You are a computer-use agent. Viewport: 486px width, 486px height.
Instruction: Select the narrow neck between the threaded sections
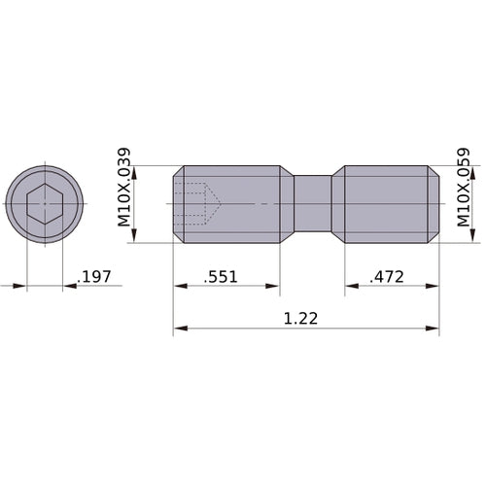[313, 204]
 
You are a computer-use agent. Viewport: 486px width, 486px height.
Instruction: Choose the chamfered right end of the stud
[434, 204]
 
